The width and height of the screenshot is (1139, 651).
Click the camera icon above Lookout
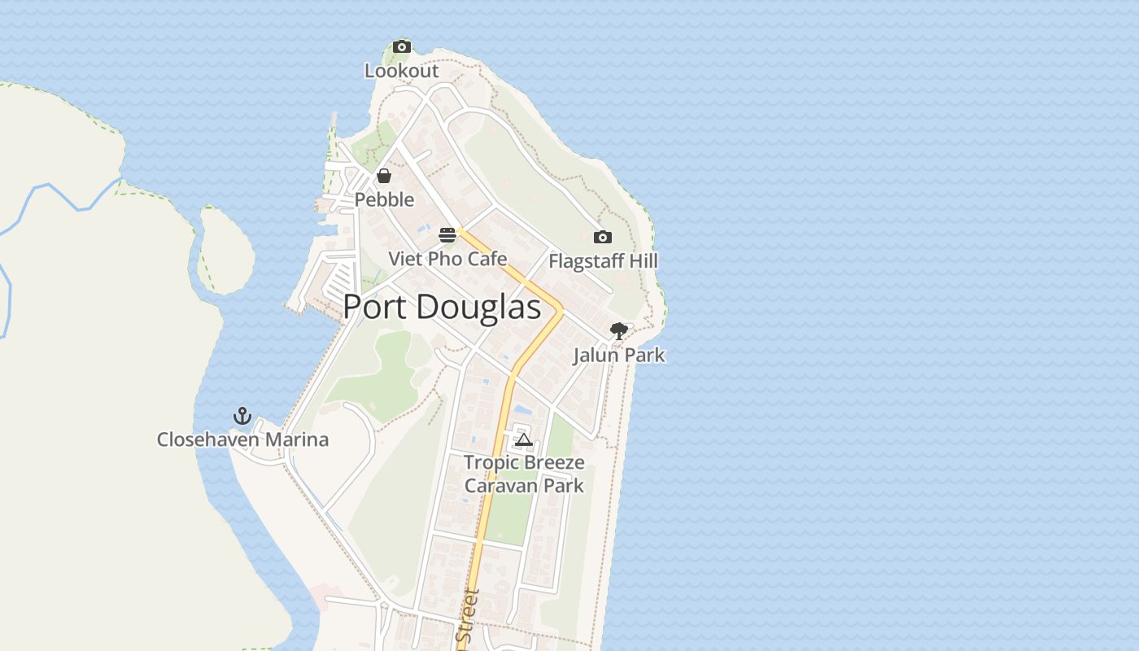click(402, 47)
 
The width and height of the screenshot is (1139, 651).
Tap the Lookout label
click(401, 71)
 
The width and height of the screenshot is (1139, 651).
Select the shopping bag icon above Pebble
click(384, 176)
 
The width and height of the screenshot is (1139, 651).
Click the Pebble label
click(384, 199)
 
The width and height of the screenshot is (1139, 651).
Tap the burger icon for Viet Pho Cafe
click(447, 235)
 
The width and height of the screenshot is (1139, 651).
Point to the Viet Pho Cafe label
click(447, 259)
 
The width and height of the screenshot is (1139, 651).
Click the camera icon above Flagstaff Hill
click(603, 238)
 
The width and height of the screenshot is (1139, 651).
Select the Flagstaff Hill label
click(603, 261)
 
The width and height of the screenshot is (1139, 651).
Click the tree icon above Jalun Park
click(619, 331)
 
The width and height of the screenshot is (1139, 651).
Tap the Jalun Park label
click(619, 355)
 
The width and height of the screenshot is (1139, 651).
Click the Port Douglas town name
click(442, 308)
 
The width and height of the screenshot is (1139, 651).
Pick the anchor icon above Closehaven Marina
click(242, 416)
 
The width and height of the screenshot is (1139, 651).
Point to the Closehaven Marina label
click(242, 439)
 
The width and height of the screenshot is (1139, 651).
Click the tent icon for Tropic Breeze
click(524, 440)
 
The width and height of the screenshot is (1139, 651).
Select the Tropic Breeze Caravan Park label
click(524, 474)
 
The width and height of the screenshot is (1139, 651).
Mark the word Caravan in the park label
click(495, 486)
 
